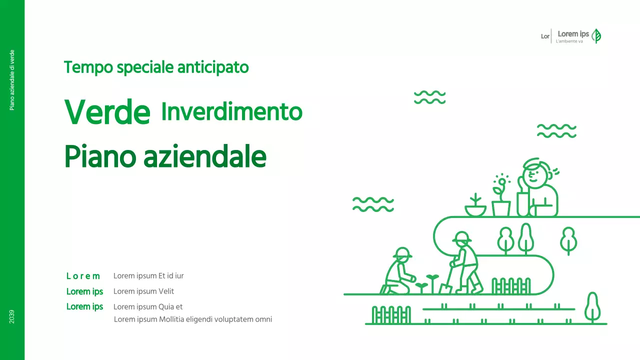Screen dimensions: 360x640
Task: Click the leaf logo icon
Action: [596, 36]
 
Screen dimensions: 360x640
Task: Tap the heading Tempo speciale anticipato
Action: [156, 67]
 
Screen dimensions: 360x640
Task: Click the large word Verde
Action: [107, 112]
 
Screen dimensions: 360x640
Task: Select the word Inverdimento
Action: [231, 112]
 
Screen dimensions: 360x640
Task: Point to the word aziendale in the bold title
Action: [204, 157]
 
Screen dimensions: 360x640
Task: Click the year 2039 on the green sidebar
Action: [12, 316]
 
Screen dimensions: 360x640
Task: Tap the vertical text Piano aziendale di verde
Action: [12, 80]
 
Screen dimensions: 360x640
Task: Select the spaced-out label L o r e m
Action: [83, 276]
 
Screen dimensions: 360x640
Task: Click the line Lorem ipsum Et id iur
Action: [148, 275]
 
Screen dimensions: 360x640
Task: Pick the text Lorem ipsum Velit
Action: [143, 291]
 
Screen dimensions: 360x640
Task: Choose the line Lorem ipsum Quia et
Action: [148, 306]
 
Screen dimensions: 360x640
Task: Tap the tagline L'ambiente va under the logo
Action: [569, 41]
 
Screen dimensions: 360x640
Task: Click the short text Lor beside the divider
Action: [545, 36]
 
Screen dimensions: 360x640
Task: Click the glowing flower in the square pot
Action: [500, 183]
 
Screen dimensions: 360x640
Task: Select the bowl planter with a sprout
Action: [475, 209]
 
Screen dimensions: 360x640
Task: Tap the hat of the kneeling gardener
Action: [402, 252]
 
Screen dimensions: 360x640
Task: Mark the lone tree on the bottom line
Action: [592, 306]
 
